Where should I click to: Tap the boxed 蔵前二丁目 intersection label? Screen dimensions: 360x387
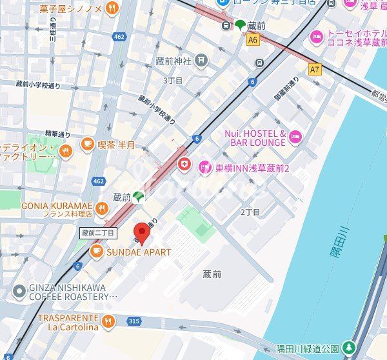coord(99,232)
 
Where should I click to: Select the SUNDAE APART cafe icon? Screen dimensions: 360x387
coord(97,251)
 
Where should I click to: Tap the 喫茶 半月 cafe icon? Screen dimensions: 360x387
coord(88,145)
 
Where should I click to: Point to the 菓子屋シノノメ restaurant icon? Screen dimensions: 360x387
coord(113,8)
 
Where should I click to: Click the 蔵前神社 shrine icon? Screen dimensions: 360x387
coord(202,61)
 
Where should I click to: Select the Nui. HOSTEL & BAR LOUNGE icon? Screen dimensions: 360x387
coord(295,135)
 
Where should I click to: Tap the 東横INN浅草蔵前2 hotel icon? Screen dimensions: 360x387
coord(204,166)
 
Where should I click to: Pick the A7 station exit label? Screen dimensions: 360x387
coord(314,68)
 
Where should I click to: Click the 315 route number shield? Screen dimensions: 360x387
coord(134,321)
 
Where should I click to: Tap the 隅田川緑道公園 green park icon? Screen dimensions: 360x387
coord(349,347)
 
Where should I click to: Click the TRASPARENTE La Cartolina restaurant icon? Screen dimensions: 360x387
coord(108,321)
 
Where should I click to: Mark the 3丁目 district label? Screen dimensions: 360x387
coord(173,81)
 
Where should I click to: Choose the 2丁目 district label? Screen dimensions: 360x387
coord(250,212)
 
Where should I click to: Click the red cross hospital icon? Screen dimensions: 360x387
coord(184,165)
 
